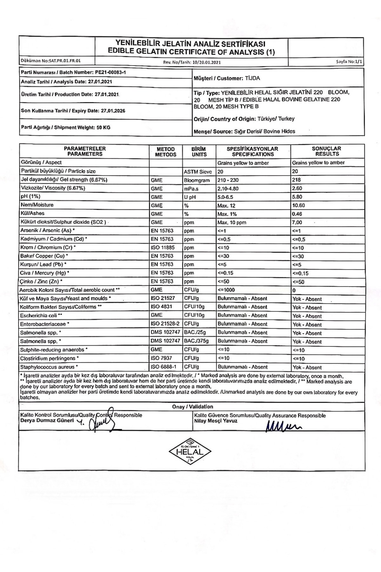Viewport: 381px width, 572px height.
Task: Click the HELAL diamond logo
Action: click(x=190, y=451)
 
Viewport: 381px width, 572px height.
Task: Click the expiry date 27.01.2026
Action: click(x=113, y=111)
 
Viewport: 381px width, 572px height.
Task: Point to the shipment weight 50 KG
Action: click(x=104, y=127)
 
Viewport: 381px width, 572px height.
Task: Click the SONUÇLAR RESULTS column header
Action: click(x=327, y=151)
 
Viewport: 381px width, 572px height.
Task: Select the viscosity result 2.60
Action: click(x=297, y=188)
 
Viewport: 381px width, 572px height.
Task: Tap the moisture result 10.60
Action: click(x=298, y=206)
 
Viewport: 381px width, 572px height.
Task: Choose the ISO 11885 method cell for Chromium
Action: click(x=163, y=248)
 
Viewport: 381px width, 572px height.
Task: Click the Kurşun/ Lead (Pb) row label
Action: click(x=43, y=264)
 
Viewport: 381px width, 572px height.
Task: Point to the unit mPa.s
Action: click(x=190, y=188)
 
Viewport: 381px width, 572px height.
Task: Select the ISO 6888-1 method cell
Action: click(x=164, y=367)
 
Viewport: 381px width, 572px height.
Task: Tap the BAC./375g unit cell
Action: click(x=196, y=341)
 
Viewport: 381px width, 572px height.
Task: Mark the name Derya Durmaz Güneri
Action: click(x=47, y=420)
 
